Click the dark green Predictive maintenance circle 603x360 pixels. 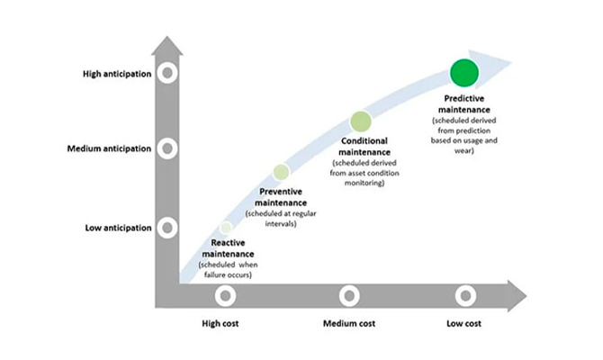point(463,73)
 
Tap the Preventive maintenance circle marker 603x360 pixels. point(281,171)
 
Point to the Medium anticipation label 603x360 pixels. point(103,148)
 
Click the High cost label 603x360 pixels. point(218,322)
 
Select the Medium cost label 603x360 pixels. point(348,322)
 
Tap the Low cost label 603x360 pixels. point(465,322)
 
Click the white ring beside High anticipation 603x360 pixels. point(166,73)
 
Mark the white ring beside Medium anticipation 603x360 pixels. point(166,148)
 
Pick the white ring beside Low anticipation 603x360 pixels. point(166,228)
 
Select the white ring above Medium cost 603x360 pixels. point(349,294)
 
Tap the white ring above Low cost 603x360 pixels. point(465,294)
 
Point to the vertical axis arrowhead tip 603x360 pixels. point(166,36)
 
